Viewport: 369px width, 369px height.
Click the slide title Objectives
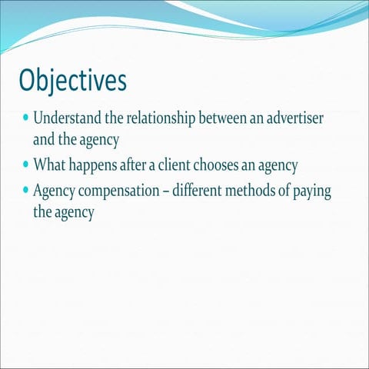73,80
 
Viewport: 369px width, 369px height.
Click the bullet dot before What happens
25,165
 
